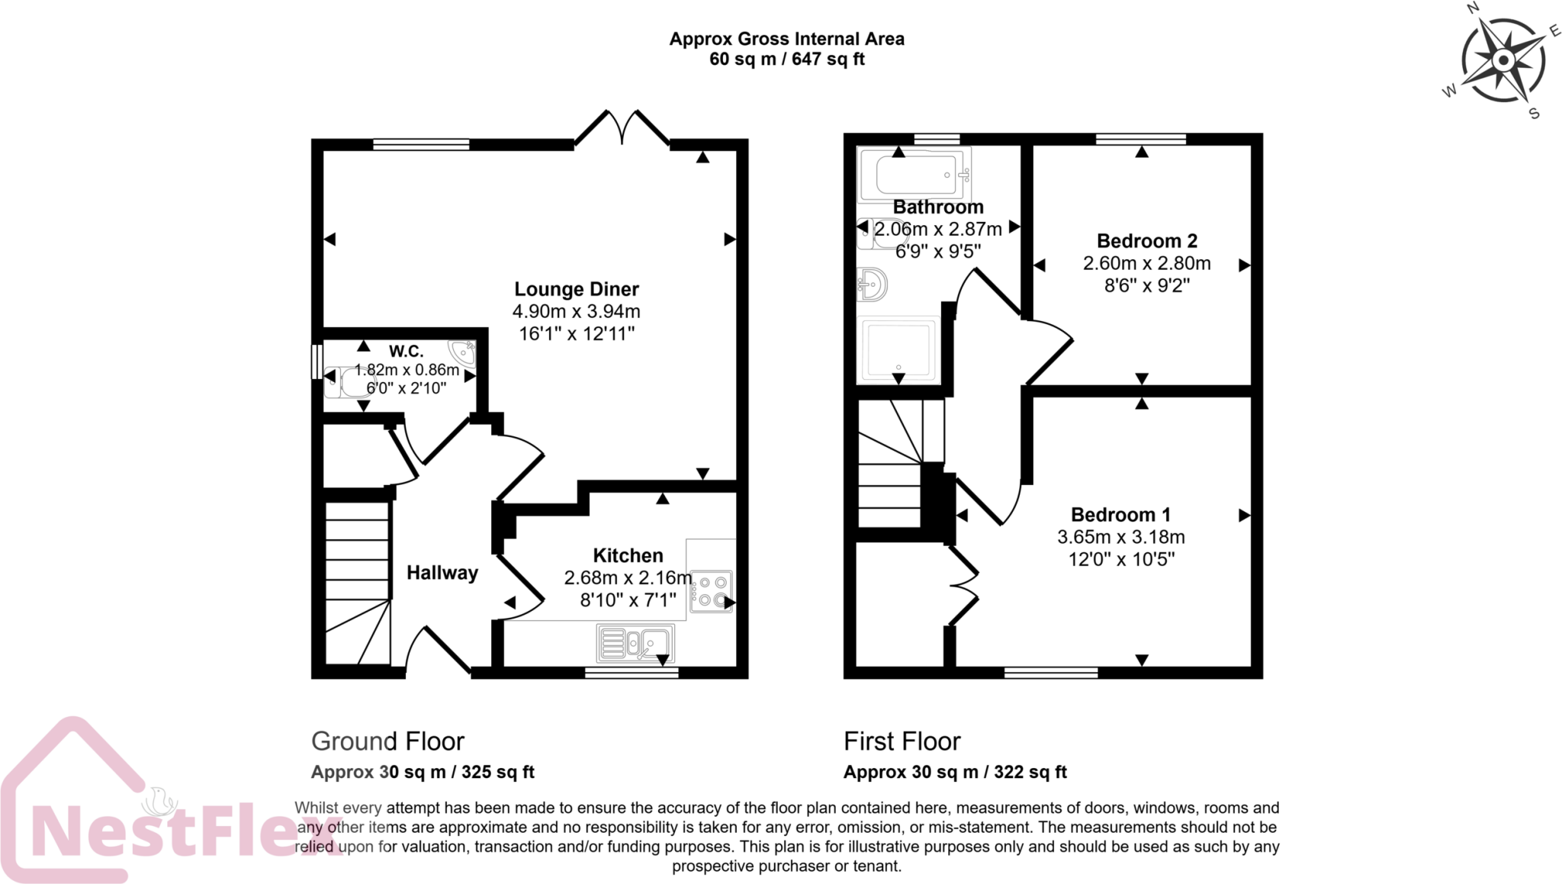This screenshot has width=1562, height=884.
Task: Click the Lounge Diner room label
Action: (576, 289)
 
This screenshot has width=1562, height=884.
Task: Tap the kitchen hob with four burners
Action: (711, 591)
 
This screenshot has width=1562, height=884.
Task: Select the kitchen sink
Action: (635, 643)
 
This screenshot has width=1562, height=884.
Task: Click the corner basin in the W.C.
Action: (462, 353)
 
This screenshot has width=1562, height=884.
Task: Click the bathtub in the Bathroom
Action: (914, 175)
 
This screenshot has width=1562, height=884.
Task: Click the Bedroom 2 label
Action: (1146, 241)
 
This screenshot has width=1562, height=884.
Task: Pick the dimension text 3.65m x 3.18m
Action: (1120, 537)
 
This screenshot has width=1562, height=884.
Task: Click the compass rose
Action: (1503, 61)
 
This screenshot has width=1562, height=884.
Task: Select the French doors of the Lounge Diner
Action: (622, 127)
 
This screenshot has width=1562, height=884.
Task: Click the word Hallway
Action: (442, 573)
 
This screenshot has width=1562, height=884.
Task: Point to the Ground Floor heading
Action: (387, 741)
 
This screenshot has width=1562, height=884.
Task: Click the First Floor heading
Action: (902, 741)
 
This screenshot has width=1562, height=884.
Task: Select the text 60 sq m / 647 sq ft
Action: (786, 59)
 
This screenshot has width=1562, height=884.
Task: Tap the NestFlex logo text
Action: (175, 830)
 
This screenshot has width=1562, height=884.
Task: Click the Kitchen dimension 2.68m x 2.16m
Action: (627, 578)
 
